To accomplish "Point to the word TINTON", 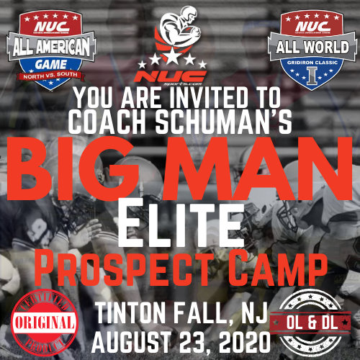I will coord(133,313).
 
